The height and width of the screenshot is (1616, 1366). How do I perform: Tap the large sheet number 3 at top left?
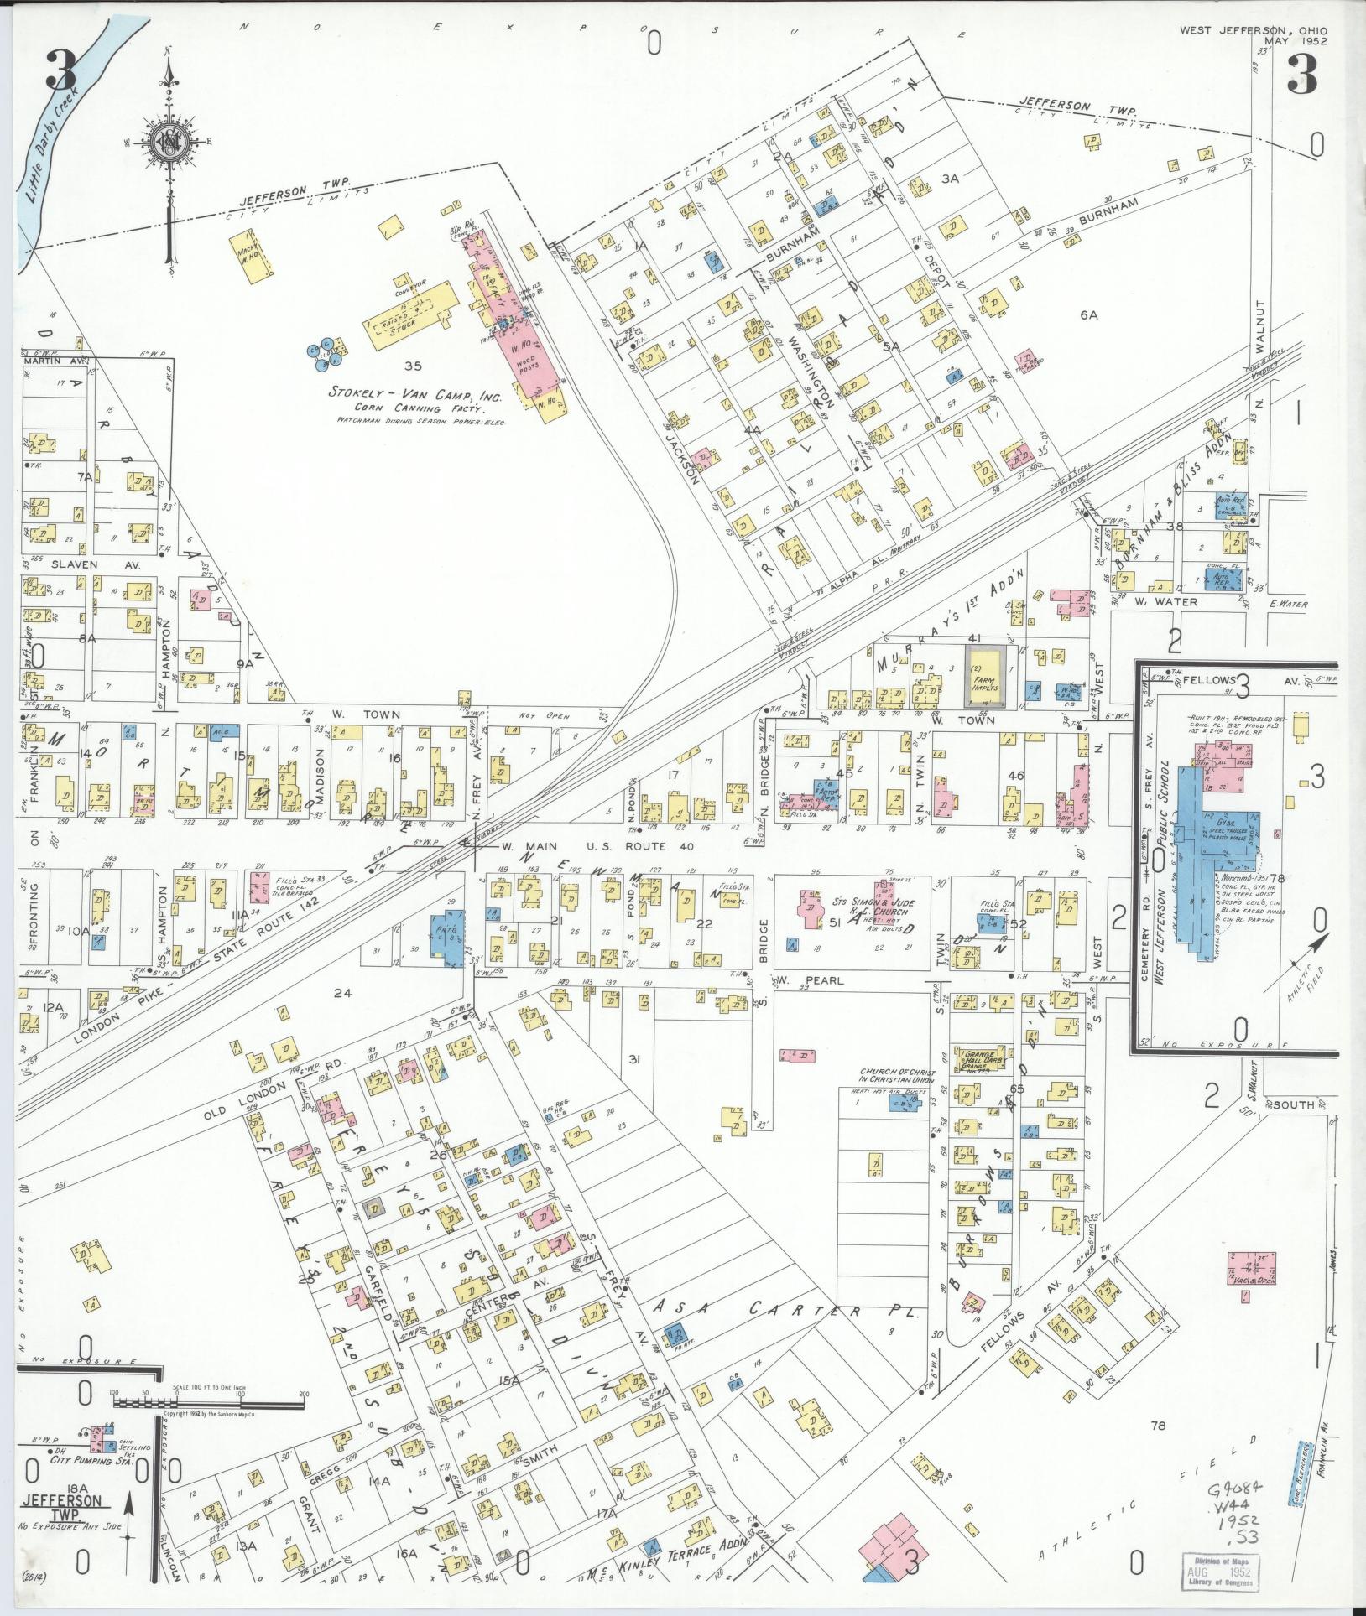[61, 71]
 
